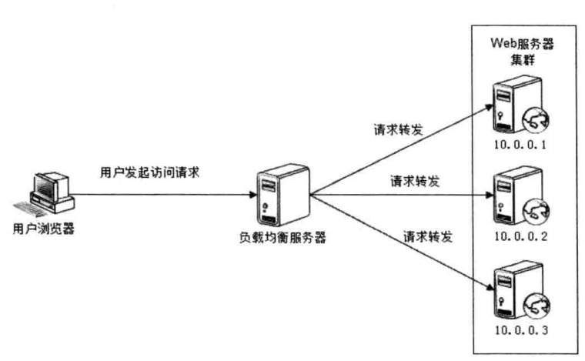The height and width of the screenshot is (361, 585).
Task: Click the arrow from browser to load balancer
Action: (162, 195)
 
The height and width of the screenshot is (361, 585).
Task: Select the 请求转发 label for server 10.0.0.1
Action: (397, 128)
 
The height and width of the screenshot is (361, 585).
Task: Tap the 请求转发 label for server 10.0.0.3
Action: (427, 235)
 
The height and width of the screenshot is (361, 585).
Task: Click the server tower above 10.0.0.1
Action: (507, 108)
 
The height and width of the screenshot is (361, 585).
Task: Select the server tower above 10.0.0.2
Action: (507, 199)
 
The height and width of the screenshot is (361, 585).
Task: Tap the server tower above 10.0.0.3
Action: (507, 293)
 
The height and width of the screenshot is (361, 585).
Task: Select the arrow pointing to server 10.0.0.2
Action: (400, 196)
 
